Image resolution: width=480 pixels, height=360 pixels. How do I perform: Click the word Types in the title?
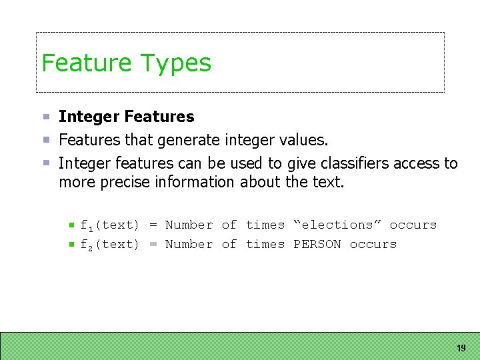coord(176,64)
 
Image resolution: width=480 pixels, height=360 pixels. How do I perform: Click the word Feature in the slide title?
coord(87,63)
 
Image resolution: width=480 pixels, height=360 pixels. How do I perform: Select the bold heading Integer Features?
coord(126,117)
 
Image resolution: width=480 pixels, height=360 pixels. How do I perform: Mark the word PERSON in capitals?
coord(317,245)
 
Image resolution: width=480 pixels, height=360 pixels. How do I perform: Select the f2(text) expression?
coord(109,245)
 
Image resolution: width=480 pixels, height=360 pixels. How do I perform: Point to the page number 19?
coord(461,348)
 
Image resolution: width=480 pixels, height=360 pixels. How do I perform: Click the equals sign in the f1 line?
coord(153,225)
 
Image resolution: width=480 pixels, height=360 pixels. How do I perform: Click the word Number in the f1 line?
coord(189,225)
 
